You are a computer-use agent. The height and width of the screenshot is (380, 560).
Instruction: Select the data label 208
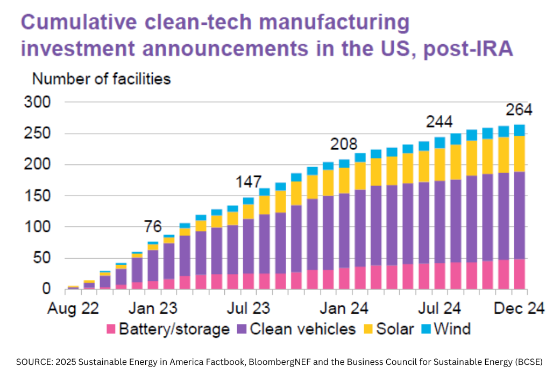pos(343,144)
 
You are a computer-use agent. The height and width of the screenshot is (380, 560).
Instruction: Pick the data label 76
pos(153,227)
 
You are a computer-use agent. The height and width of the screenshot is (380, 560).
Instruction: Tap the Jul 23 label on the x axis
pos(249,309)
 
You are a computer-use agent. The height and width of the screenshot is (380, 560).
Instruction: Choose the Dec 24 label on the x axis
pos(518,309)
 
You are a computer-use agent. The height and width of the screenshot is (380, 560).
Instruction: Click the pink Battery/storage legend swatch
pos(111,329)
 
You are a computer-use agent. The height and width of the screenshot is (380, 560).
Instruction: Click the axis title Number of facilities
pos(102,79)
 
